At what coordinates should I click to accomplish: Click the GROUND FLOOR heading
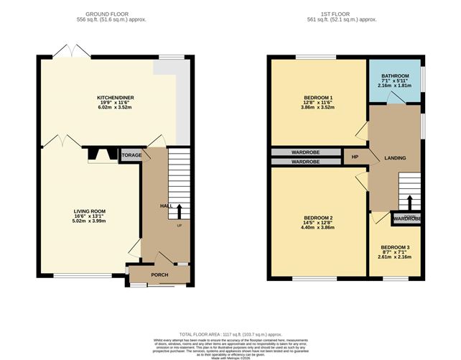[x=116, y=14]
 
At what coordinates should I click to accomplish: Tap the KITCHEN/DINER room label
[x=116, y=97]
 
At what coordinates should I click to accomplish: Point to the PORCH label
[x=159, y=275]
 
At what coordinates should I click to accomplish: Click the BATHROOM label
[x=394, y=75]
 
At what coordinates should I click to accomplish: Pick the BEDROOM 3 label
[x=395, y=247]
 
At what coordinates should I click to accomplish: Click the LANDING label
[x=394, y=158]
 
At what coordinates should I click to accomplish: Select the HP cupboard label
[x=355, y=157]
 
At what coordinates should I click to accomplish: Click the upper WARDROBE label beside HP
[x=305, y=152]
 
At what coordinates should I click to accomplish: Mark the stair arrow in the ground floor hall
[x=179, y=211]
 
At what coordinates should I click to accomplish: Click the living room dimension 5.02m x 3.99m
[x=90, y=221]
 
